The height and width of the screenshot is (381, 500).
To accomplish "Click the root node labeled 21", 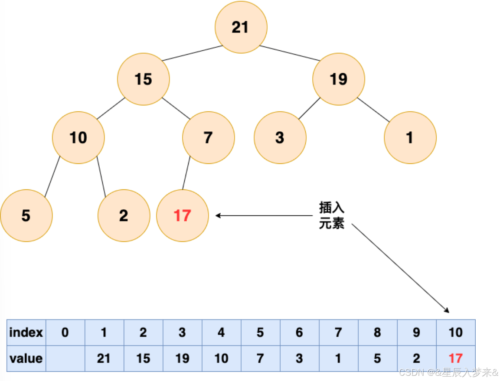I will (x=241, y=27).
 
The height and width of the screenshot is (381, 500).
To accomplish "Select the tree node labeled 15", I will (x=143, y=79).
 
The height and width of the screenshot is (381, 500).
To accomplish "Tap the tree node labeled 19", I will (x=339, y=79).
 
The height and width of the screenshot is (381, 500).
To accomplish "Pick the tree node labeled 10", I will (x=78, y=138).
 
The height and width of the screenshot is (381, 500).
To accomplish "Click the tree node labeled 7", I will (x=208, y=138).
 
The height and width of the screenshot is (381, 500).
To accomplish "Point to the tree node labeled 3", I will (x=280, y=138).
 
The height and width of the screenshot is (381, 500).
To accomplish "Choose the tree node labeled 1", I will (x=410, y=138).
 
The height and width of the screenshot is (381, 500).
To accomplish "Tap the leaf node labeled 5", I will (x=26, y=215).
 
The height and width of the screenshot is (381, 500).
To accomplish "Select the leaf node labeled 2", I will (x=124, y=215).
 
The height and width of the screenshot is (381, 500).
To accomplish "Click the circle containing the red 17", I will (x=182, y=215).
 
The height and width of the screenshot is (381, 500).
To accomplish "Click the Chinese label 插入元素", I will (x=332, y=215).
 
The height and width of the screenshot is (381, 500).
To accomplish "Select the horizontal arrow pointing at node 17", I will (x=265, y=215).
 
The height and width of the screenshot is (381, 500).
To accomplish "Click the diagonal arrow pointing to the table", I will (x=399, y=267).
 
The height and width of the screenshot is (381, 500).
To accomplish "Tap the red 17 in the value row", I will (x=456, y=358).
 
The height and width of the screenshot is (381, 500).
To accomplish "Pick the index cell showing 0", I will (x=65, y=332).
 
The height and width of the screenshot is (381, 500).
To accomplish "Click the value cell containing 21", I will (x=104, y=358).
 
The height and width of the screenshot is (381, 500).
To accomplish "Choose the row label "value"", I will (x=26, y=358).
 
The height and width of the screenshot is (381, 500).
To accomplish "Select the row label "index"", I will (x=26, y=332).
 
